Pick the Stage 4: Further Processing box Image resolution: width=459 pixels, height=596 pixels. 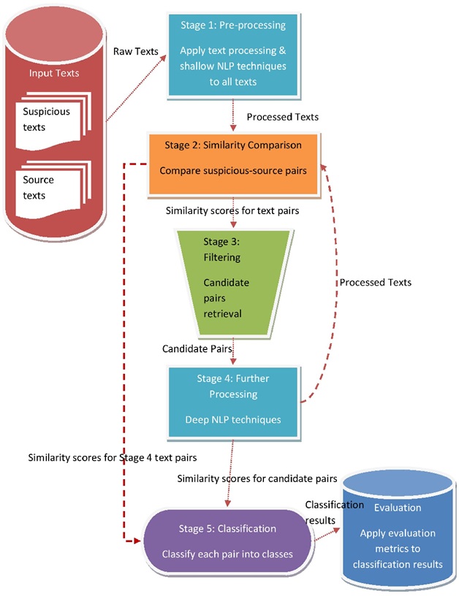(233, 401)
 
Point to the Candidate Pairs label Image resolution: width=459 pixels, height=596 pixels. (197, 349)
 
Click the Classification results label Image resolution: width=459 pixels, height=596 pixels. (334, 512)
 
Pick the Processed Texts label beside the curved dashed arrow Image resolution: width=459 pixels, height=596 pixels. (376, 282)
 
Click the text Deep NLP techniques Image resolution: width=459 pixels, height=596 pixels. (233, 419)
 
